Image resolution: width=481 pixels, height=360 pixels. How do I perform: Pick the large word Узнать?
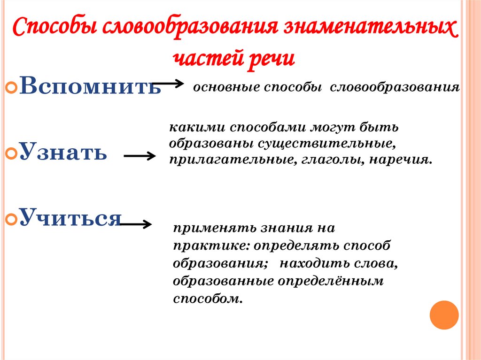coord(63,152)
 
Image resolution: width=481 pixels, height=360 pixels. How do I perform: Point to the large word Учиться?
coord(70,217)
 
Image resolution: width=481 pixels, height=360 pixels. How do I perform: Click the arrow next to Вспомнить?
coord(168,84)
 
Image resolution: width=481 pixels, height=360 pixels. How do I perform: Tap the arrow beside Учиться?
coord(136,225)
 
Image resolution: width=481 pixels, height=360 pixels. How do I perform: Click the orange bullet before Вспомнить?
coord(12,88)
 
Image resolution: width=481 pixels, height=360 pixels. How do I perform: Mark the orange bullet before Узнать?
coord(12,153)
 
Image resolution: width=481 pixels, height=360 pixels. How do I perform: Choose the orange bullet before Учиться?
coord(12,218)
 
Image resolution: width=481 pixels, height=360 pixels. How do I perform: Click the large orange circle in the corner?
coord(444,314)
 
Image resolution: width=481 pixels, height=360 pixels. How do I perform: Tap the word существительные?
coord(345,143)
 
